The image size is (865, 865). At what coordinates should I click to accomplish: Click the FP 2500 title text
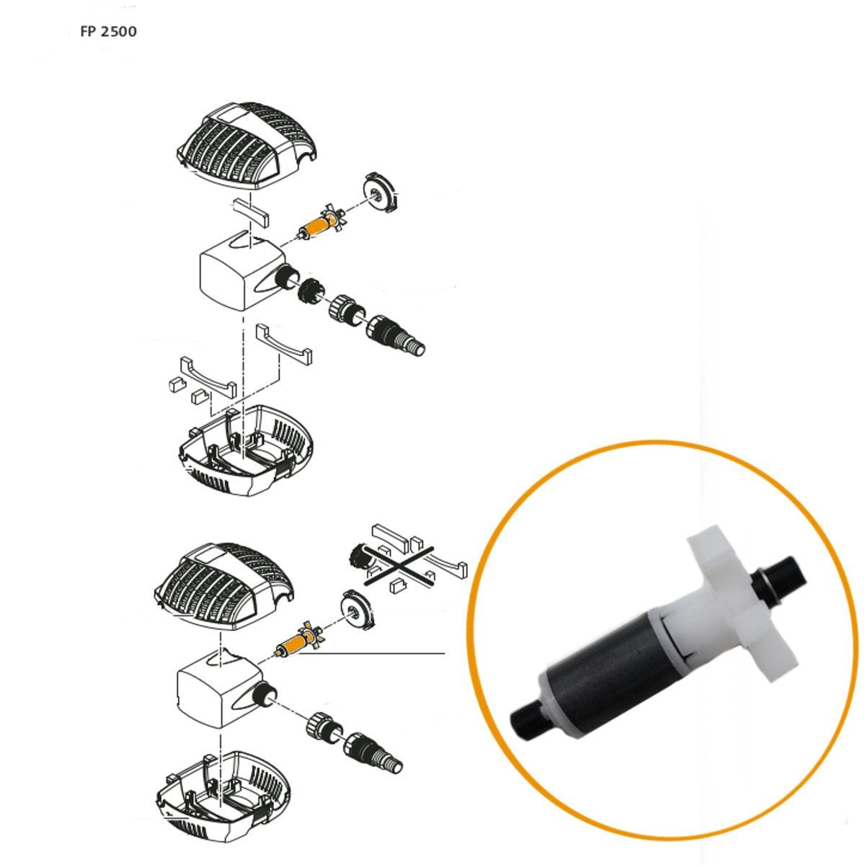(108, 32)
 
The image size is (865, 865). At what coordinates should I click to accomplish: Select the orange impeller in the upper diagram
(317, 223)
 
